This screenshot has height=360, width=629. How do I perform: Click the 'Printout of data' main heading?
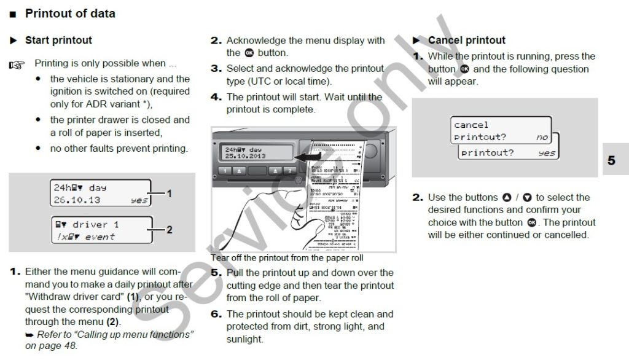69,13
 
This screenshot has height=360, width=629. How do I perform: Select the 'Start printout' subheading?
58,40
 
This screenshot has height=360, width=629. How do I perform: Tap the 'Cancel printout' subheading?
466,40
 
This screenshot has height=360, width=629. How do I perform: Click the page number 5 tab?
611,160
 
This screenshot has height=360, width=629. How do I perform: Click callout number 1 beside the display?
170,194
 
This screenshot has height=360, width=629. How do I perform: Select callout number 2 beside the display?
170,230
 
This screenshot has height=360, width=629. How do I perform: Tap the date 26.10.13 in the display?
77,200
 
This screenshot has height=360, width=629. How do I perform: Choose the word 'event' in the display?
100,237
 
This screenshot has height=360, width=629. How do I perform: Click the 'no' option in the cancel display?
541,138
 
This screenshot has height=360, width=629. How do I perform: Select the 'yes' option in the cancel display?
546,153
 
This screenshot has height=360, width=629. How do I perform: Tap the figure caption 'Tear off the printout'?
287,258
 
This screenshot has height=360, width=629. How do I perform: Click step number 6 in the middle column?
216,314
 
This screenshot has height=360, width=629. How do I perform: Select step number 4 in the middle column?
216,97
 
